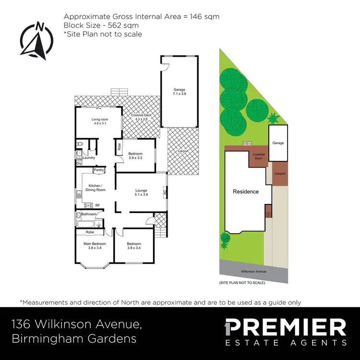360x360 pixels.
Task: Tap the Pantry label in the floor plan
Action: click(x=99, y=170)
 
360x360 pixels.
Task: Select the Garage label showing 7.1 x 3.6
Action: click(x=179, y=92)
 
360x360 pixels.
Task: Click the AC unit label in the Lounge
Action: click(x=164, y=193)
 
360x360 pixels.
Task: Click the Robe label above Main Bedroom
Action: click(x=90, y=232)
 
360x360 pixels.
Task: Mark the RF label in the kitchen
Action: click(x=97, y=205)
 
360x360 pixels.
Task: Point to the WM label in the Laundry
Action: click(x=79, y=158)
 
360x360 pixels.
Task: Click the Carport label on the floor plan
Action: click(x=183, y=151)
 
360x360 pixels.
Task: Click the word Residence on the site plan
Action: click(x=246, y=192)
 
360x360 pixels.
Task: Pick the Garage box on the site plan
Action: click(x=278, y=143)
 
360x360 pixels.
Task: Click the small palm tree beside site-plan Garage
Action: click(x=273, y=118)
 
